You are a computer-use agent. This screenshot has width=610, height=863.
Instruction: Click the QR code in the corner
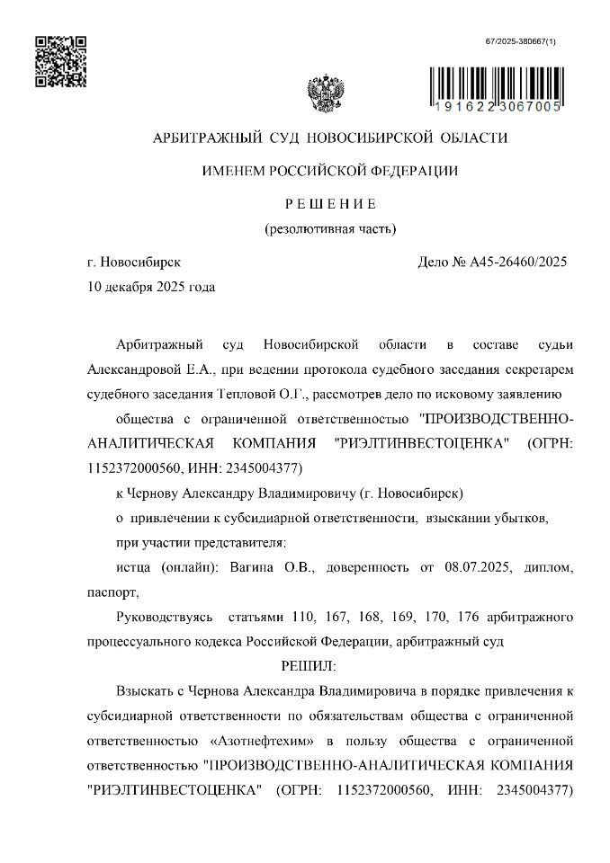click(x=61, y=61)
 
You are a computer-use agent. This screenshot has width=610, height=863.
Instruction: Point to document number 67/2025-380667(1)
click(x=521, y=41)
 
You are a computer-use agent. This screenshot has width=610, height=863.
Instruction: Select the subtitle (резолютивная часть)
click(x=329, y=228)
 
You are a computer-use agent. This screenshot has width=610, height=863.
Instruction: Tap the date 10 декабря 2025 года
click(x=150, y=288)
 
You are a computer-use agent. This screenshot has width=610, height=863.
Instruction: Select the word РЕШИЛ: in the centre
click(x=309, y=666)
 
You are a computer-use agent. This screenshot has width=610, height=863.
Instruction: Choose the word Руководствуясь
click(x=165, y=617)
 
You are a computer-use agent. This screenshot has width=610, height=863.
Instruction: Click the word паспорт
click(x=112, y=592)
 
